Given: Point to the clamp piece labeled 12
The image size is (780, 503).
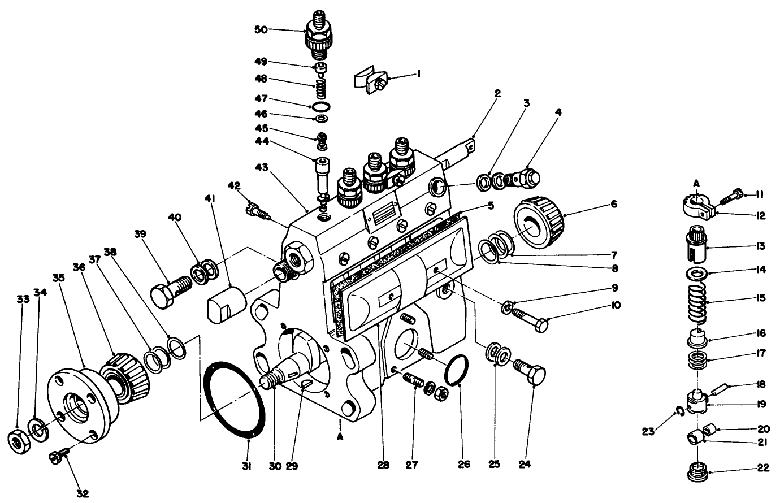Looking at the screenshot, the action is tap(697, 207).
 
